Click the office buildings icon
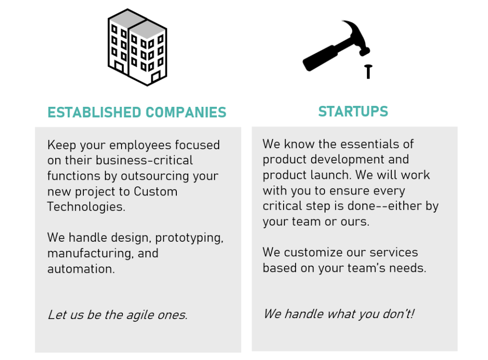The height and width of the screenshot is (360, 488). tap(137, 48)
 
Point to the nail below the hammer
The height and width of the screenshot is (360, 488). tap(368, 71)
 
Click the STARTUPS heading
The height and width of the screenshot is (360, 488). tap(353, 112)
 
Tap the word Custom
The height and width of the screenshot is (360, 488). tap(155, 191)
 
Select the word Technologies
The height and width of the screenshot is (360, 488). tap(86, 207)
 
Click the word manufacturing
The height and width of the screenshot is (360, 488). tap(91, 253)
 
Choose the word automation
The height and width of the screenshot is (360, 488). tap(81, 268)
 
